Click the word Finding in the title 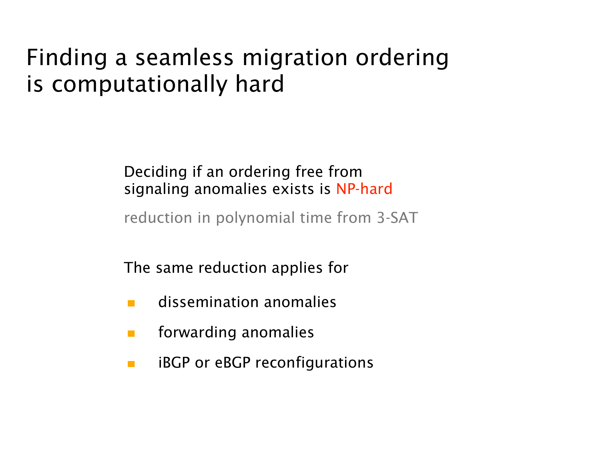67,58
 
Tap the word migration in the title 295,58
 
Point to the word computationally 139,84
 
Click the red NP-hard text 364,189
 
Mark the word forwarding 198,332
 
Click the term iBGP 174,363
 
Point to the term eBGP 233,363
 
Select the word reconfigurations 314,363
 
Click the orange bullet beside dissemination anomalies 131,303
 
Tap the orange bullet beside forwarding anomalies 131,334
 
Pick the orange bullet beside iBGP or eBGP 131,364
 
